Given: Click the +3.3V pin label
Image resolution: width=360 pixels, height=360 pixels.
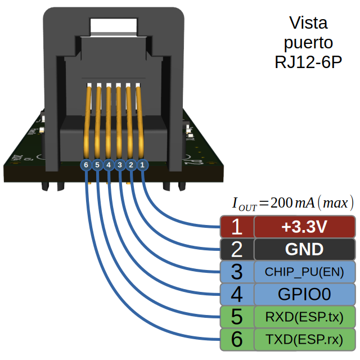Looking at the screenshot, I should click(x=304, y=227).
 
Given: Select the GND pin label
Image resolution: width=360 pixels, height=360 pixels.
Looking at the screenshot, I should click(x=304, y=249).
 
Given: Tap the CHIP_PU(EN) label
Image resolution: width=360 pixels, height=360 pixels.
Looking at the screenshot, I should click(x=304, y=272).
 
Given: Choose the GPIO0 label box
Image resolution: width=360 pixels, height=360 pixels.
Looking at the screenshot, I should click(x=304, y=294).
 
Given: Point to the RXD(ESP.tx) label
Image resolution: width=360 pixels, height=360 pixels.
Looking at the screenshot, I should click(x=304, y=317).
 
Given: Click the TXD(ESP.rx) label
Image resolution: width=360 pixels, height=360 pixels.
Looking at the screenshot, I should click(x=304, y=339).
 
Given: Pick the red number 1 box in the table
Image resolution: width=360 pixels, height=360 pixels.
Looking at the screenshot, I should click(x=236, y=227).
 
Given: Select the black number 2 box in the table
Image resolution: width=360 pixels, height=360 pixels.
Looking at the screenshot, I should click(x=236, y=249).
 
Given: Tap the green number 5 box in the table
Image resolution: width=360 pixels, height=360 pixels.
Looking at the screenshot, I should click(x=236, y=317).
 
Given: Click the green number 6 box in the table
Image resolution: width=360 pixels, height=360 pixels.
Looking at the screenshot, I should click(x=236, y=339).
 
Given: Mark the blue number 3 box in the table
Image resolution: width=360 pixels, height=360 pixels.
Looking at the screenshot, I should click(x=236, y=272).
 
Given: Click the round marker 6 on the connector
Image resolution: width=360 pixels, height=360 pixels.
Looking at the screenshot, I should click(x=85, y=165).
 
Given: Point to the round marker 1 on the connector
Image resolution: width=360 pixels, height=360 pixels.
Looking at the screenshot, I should click(x=142, y=165).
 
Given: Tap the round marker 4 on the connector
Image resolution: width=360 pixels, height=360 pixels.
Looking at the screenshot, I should click(x=109, y=165).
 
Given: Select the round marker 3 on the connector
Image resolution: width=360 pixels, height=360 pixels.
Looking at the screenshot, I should click(x=120, y=165).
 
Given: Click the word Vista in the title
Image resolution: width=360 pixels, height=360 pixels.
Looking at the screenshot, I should click(x=308, y=24).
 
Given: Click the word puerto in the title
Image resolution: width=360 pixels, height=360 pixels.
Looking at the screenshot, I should click(x=308, y=43).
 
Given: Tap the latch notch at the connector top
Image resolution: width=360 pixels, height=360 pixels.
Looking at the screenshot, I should click(x=114, y=25).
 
